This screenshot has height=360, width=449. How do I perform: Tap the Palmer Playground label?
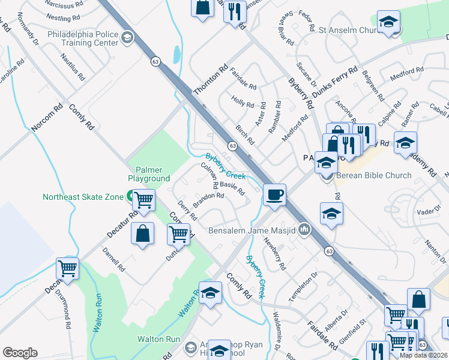[148, 174]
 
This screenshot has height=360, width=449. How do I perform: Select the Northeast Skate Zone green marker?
[130, 196]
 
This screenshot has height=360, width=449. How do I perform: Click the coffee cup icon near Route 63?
[274, 194]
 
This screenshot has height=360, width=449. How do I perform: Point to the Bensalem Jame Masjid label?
[253, 230]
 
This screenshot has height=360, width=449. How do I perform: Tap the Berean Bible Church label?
[373, 175]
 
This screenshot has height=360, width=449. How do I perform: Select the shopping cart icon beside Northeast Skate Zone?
[143, 200]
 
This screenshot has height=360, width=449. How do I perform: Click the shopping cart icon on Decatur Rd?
[67, 268]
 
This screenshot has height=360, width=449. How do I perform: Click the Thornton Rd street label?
[211, 80]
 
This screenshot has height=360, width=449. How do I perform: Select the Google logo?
[20, 352]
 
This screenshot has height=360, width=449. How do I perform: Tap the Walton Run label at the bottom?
[158, 339]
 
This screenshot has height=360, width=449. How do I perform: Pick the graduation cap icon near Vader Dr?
[331, 214]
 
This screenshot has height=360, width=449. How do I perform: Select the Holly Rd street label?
[243, 103]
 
